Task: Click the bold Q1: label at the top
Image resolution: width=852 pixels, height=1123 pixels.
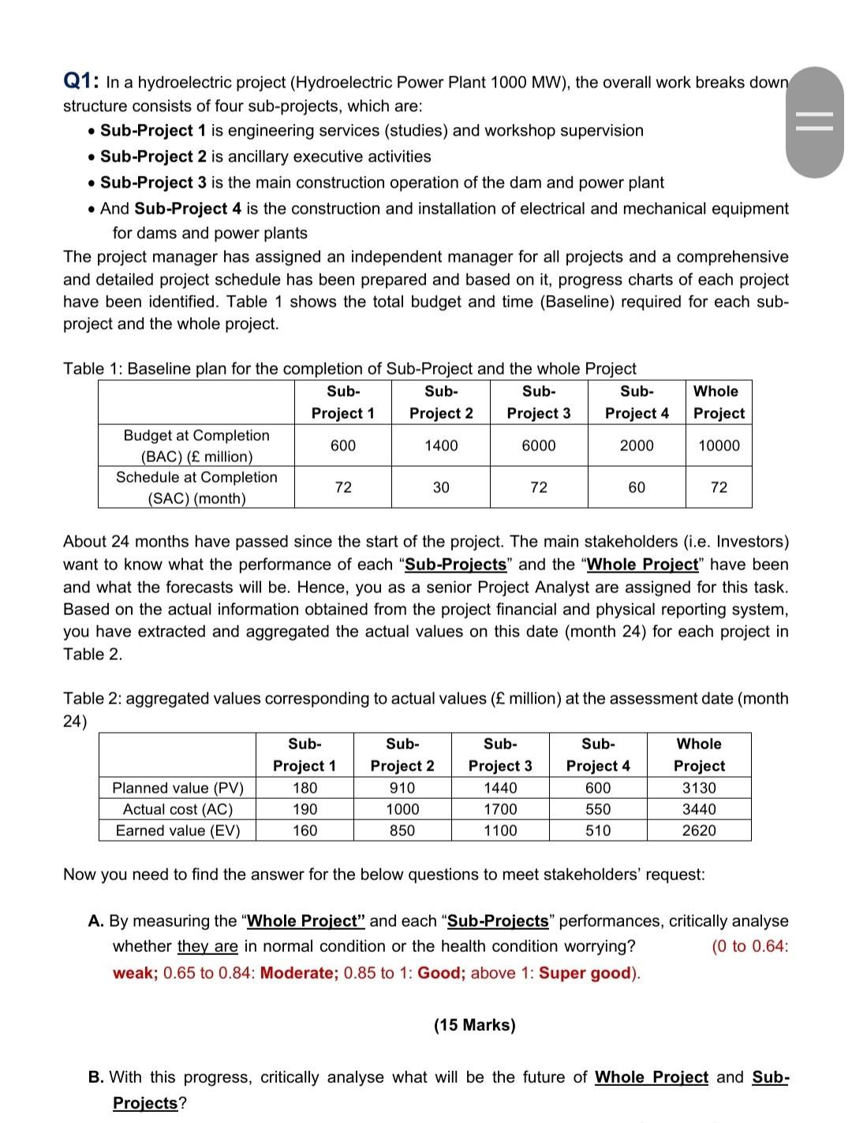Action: (x=80, y=81)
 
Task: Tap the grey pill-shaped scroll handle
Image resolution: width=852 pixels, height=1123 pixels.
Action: (x=814, y=122)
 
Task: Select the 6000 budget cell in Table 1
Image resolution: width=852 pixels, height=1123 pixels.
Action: (x=539, y=446)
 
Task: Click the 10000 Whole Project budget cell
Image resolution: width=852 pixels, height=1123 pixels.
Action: (x=719, y=446)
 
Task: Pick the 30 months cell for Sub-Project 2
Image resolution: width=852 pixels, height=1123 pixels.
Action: (x=441, y=487)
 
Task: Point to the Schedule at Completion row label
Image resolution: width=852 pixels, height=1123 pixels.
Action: (x=196, y=487)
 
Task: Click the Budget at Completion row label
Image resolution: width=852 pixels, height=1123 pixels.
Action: (x=196, y=446)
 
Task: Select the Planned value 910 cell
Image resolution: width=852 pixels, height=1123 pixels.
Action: (x=402, y=788)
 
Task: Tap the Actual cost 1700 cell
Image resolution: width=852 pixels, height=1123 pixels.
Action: (x=500, y=809)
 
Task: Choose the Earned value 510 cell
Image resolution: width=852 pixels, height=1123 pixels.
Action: (x=598, y=830)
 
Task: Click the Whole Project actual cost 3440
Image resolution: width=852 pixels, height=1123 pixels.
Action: (x=699, y=809)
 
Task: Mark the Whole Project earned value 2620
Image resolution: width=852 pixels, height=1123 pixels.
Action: (x=699, y=830)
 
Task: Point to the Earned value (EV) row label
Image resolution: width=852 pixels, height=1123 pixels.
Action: (x=177, y=830)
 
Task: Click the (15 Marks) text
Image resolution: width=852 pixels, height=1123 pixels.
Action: (x=474, y=1024)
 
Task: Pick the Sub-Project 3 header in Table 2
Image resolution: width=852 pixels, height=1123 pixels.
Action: (x=500, y=755)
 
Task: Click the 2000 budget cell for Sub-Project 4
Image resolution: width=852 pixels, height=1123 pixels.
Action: (x=637, y=446)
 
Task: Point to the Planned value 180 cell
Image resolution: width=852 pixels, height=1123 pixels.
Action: (x=305, y=788)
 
